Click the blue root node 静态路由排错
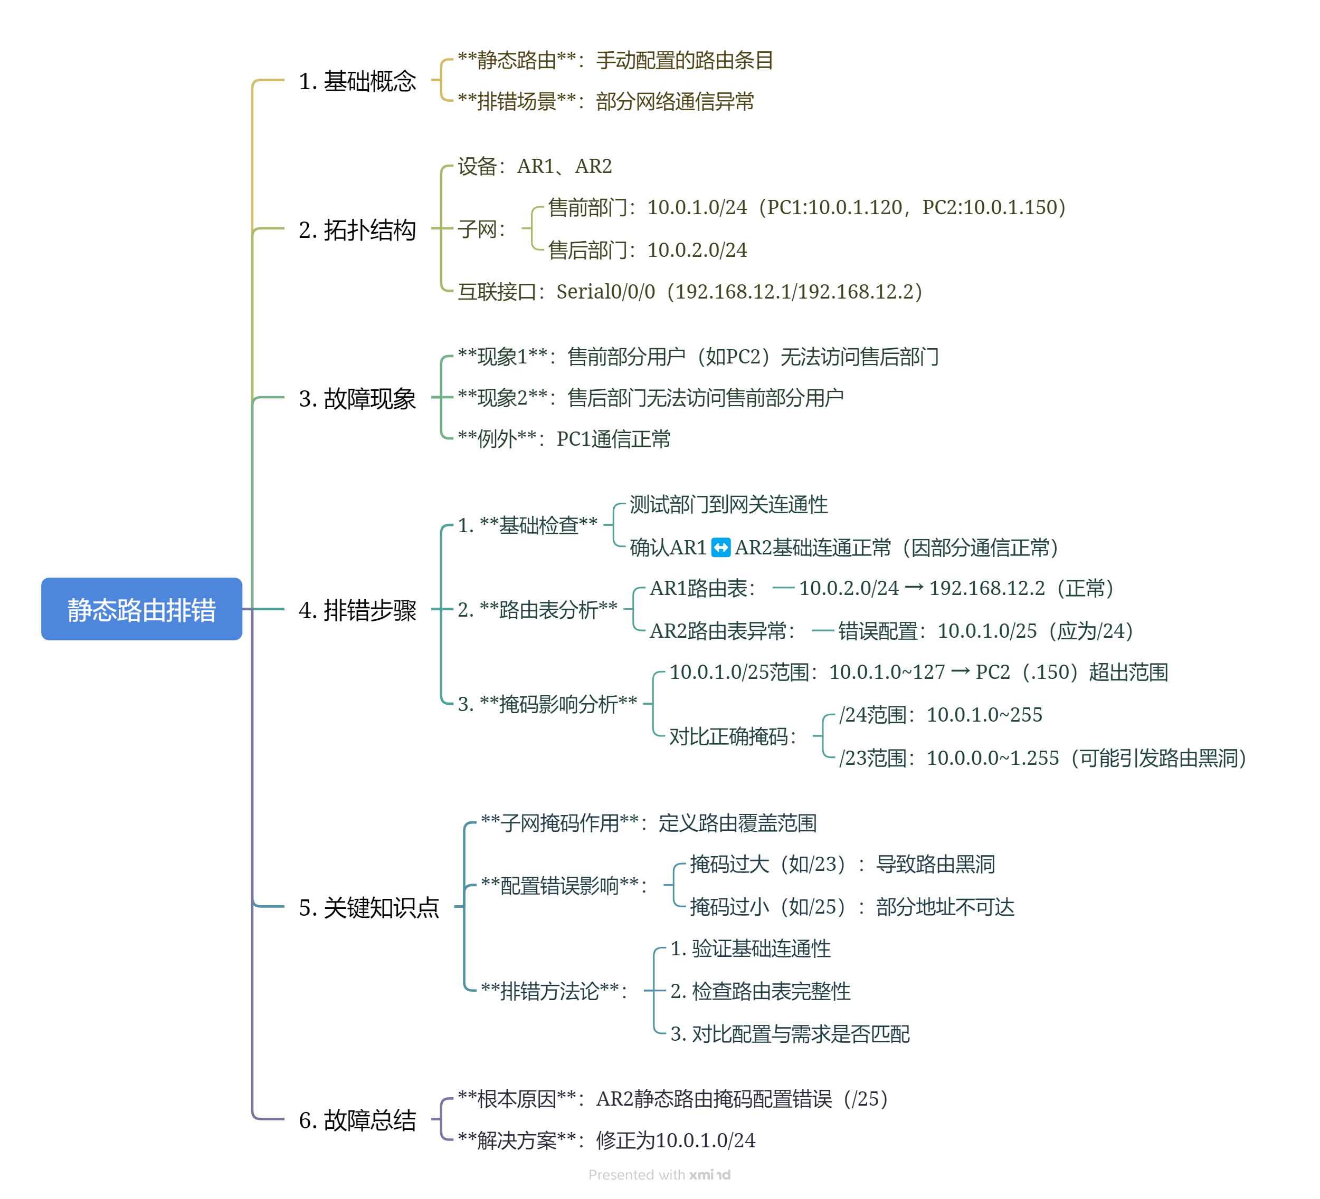pos(141,609)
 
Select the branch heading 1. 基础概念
pos(357,81)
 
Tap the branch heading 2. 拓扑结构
pos(357,229)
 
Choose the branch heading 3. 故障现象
pos(357,398)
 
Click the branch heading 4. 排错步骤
pos(357,610)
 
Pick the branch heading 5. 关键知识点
pos(368,907)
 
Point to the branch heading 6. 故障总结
pos(357,1120)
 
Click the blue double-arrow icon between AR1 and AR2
pos(720,547)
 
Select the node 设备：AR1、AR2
pos(534,166)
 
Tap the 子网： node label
pos(482,229)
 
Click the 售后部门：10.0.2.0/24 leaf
pos(648,250)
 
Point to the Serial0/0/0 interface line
pos(689,291)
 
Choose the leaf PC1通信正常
pos(564,438)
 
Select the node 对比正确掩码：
pos(733,736)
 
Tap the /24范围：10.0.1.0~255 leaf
pos(940,715)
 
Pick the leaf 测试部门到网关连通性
pos(729,505)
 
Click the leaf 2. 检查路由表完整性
pos(760,991)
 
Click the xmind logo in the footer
pos(709,1175)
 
